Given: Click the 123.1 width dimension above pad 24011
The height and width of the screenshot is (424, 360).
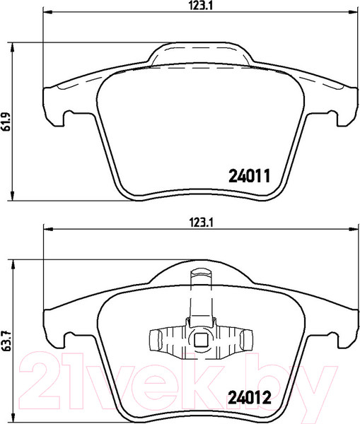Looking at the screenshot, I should [200, 6].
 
